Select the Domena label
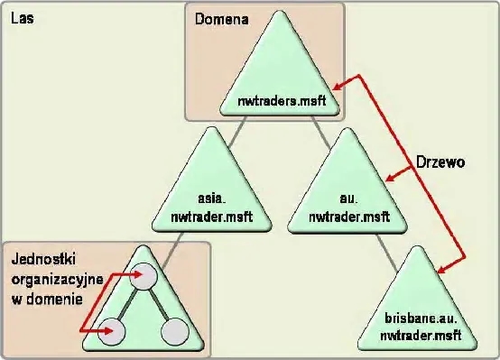217,18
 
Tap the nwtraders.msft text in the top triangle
282,101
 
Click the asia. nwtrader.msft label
210,208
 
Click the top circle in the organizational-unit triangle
144,276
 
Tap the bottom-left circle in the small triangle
114,332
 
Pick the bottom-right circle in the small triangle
174,332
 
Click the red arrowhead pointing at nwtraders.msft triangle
331,82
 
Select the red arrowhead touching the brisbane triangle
440,270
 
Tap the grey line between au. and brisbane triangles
390,252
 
